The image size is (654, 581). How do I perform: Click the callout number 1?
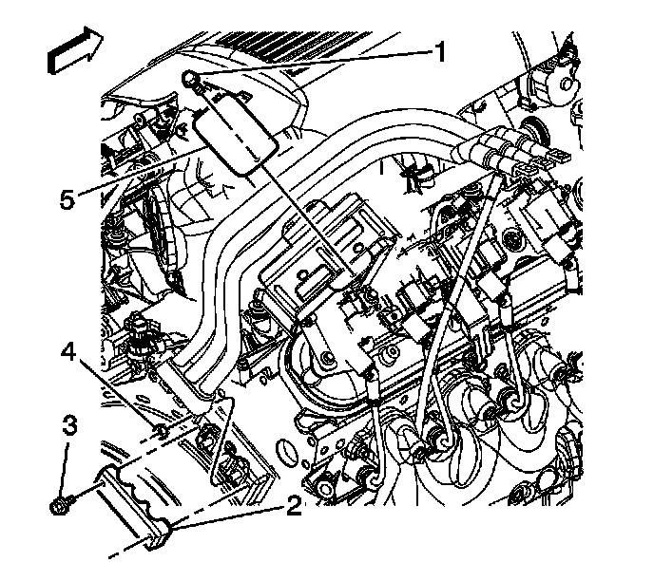pyautogui.click(x=440, y=53)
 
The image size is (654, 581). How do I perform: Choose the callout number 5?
pyautogui.click(x=66, y=202)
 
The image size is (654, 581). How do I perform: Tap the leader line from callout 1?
pyautogui.click(x=314, y=64)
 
